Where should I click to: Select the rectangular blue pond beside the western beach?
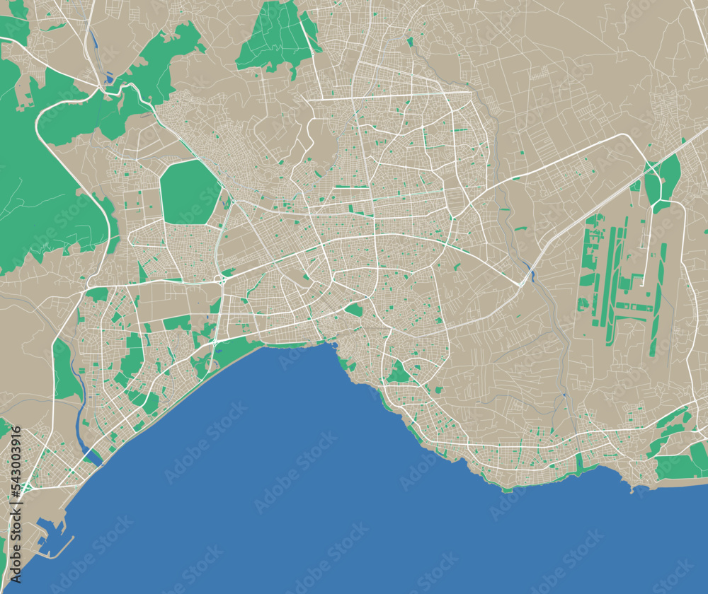(x=93, y=457)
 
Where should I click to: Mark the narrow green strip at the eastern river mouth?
(x=580, y=464)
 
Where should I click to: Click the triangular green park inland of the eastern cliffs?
(x=399, y=373)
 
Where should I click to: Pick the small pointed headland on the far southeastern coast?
(x=631, y=488)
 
